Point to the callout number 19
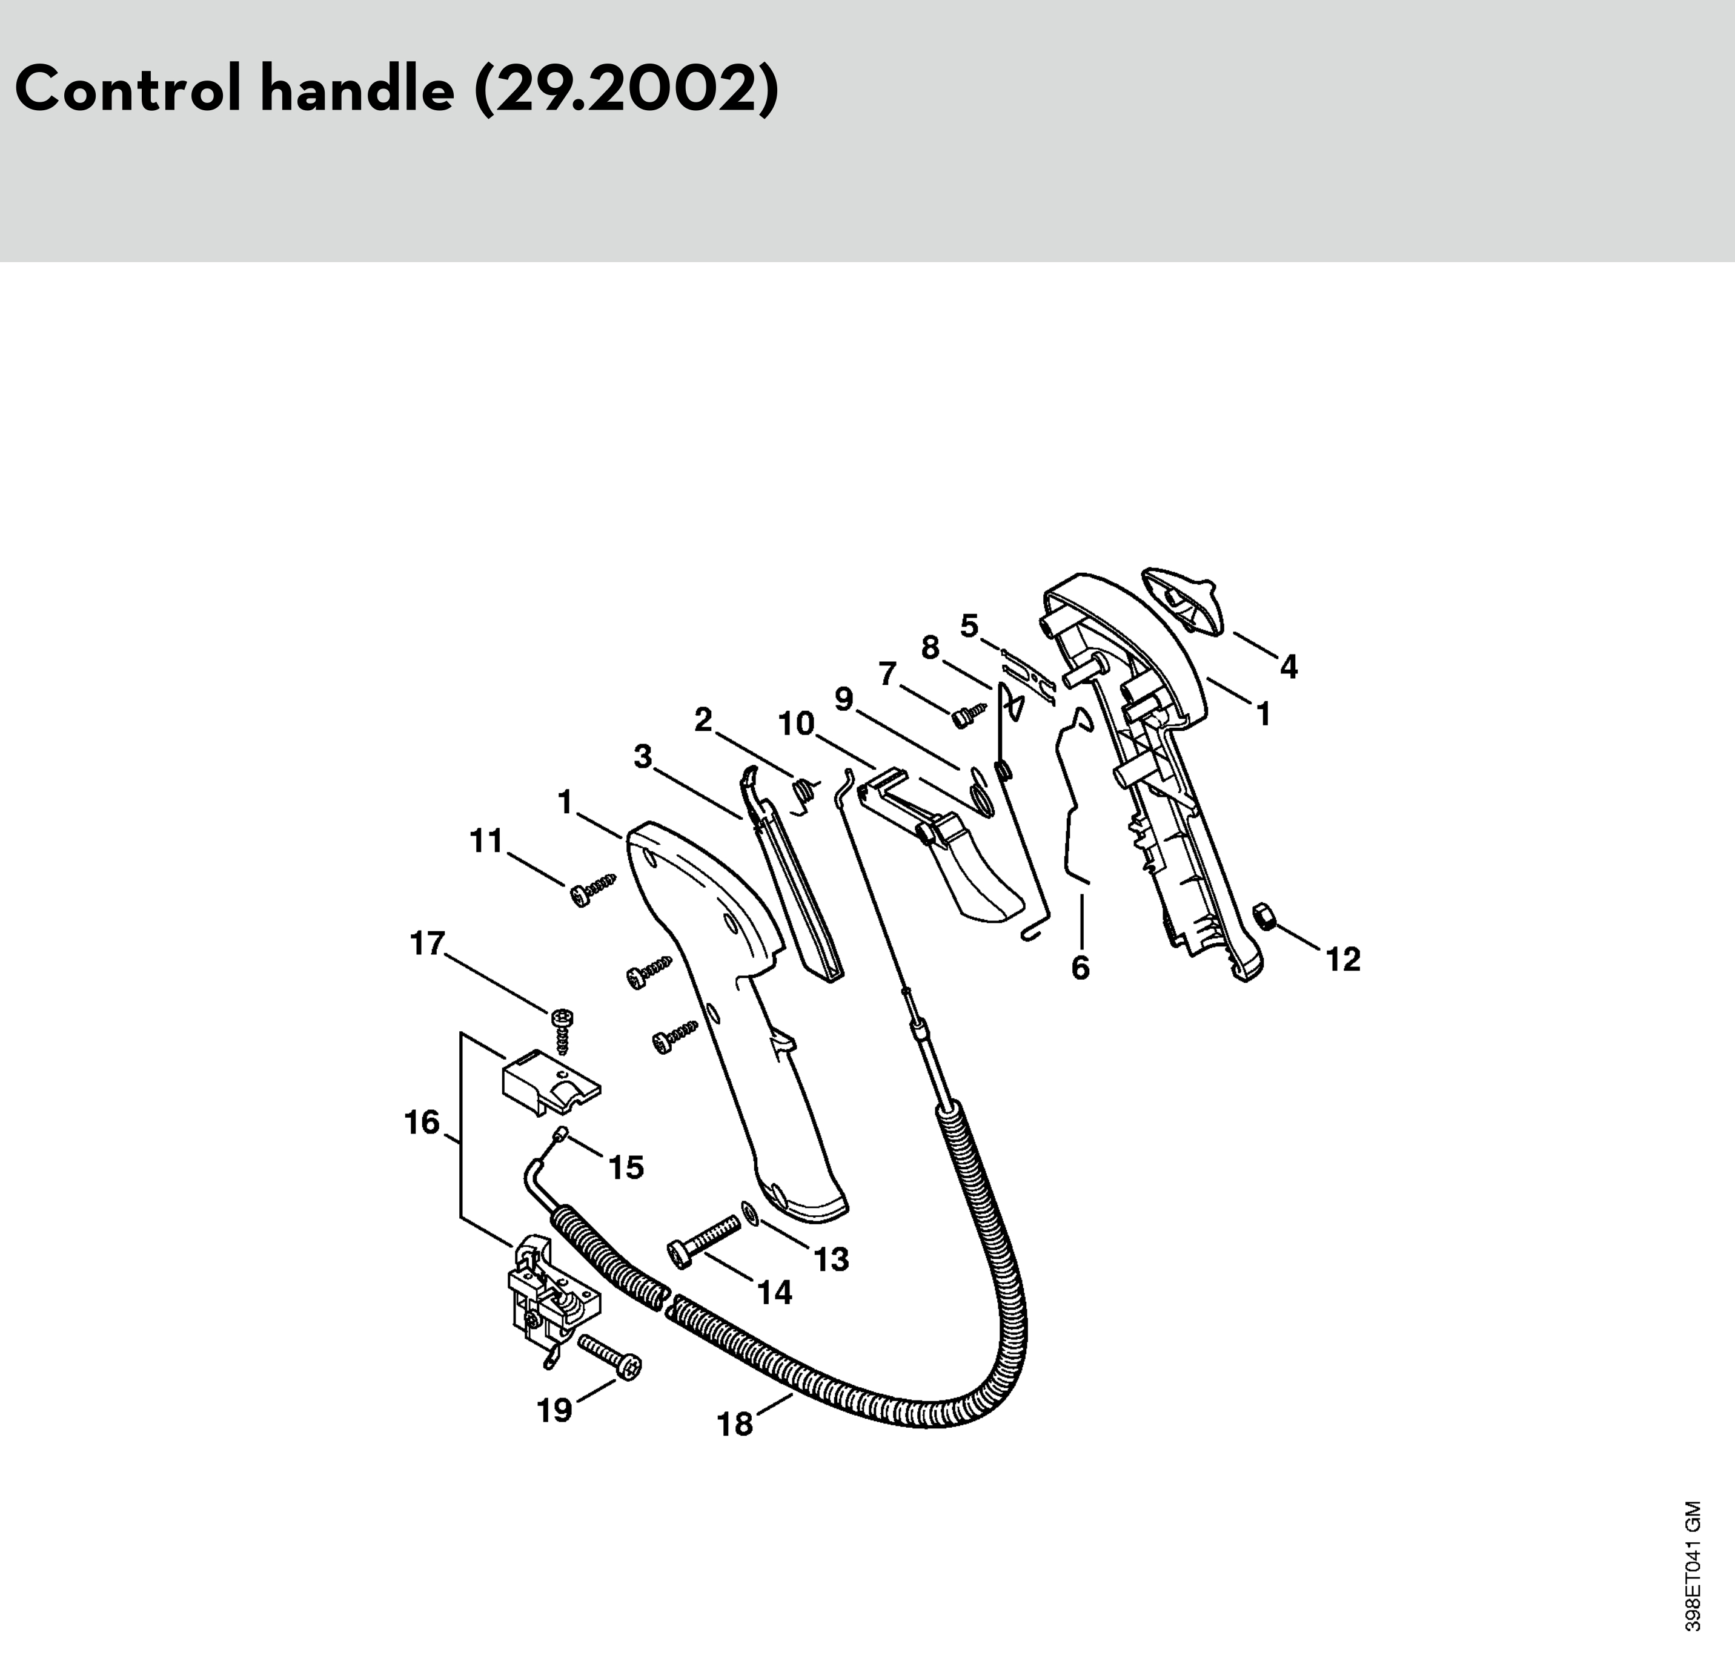[x=555, y=1410]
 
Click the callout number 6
[x=1080, y=968]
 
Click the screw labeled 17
[x=561, y=1030]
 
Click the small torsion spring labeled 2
[x=804, y=791]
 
